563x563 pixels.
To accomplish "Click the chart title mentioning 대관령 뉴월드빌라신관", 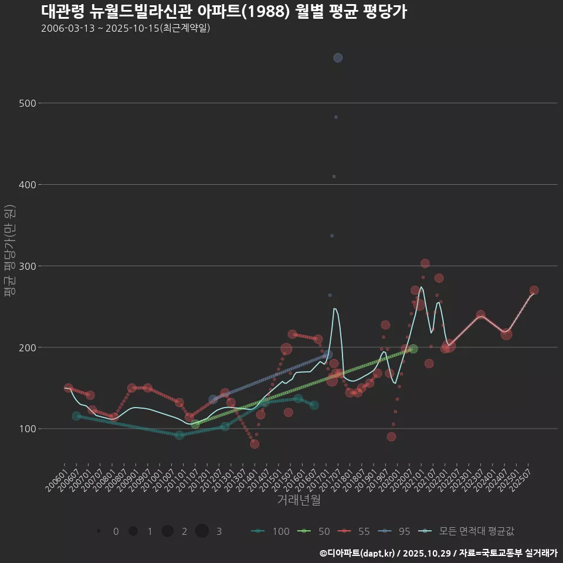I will [x=224, y=12].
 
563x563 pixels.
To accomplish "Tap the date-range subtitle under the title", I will [x=126, y=28].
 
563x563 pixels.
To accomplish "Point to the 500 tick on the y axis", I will [x=29, y=103].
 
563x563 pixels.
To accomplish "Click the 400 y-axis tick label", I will [x=29, y=185].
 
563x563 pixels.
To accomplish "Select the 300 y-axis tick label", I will [x=29, y=266].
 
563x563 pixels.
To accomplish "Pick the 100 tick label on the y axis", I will [x=29, y=429].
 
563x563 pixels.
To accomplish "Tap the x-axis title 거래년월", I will [x=299, y=500].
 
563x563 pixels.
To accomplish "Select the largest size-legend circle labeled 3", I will [x=202, y=531].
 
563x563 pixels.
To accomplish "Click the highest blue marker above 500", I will [x=338, y=57].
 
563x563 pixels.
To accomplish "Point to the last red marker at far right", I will [x=534, y=290].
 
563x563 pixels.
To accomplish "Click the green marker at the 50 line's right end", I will [x=413, y=349].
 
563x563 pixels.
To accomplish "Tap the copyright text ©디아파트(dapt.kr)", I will [x=357, y=553].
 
